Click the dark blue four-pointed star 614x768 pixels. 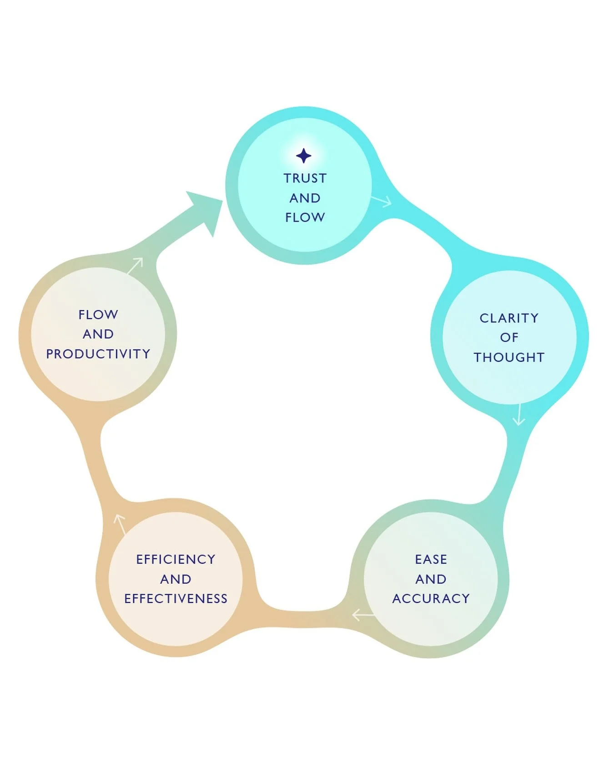coord(304,156)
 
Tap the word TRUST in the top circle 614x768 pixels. coord(305,178)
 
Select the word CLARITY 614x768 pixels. coord(509,318)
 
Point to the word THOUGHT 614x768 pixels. coord(509,358)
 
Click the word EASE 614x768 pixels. coord(431,559)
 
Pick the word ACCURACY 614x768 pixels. coord(431,599)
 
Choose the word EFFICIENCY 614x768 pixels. coord(176,559)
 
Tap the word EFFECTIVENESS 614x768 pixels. coord(176,599)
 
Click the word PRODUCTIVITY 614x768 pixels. coord(98,354)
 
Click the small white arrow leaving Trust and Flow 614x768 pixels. coord(382,201)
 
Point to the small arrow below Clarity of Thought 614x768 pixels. coord(519,415)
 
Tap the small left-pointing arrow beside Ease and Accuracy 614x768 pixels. coord(363,615)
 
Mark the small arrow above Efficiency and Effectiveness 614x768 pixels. coord(120,524)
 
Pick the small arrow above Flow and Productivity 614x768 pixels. coord(136,265)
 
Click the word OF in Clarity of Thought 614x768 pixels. coord(509,338)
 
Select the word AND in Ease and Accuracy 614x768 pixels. coord(431,579)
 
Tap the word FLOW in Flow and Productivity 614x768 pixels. coord(98,314)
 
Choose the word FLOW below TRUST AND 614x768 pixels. coord(305,217)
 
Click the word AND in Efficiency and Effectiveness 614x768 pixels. coord(176,579)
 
